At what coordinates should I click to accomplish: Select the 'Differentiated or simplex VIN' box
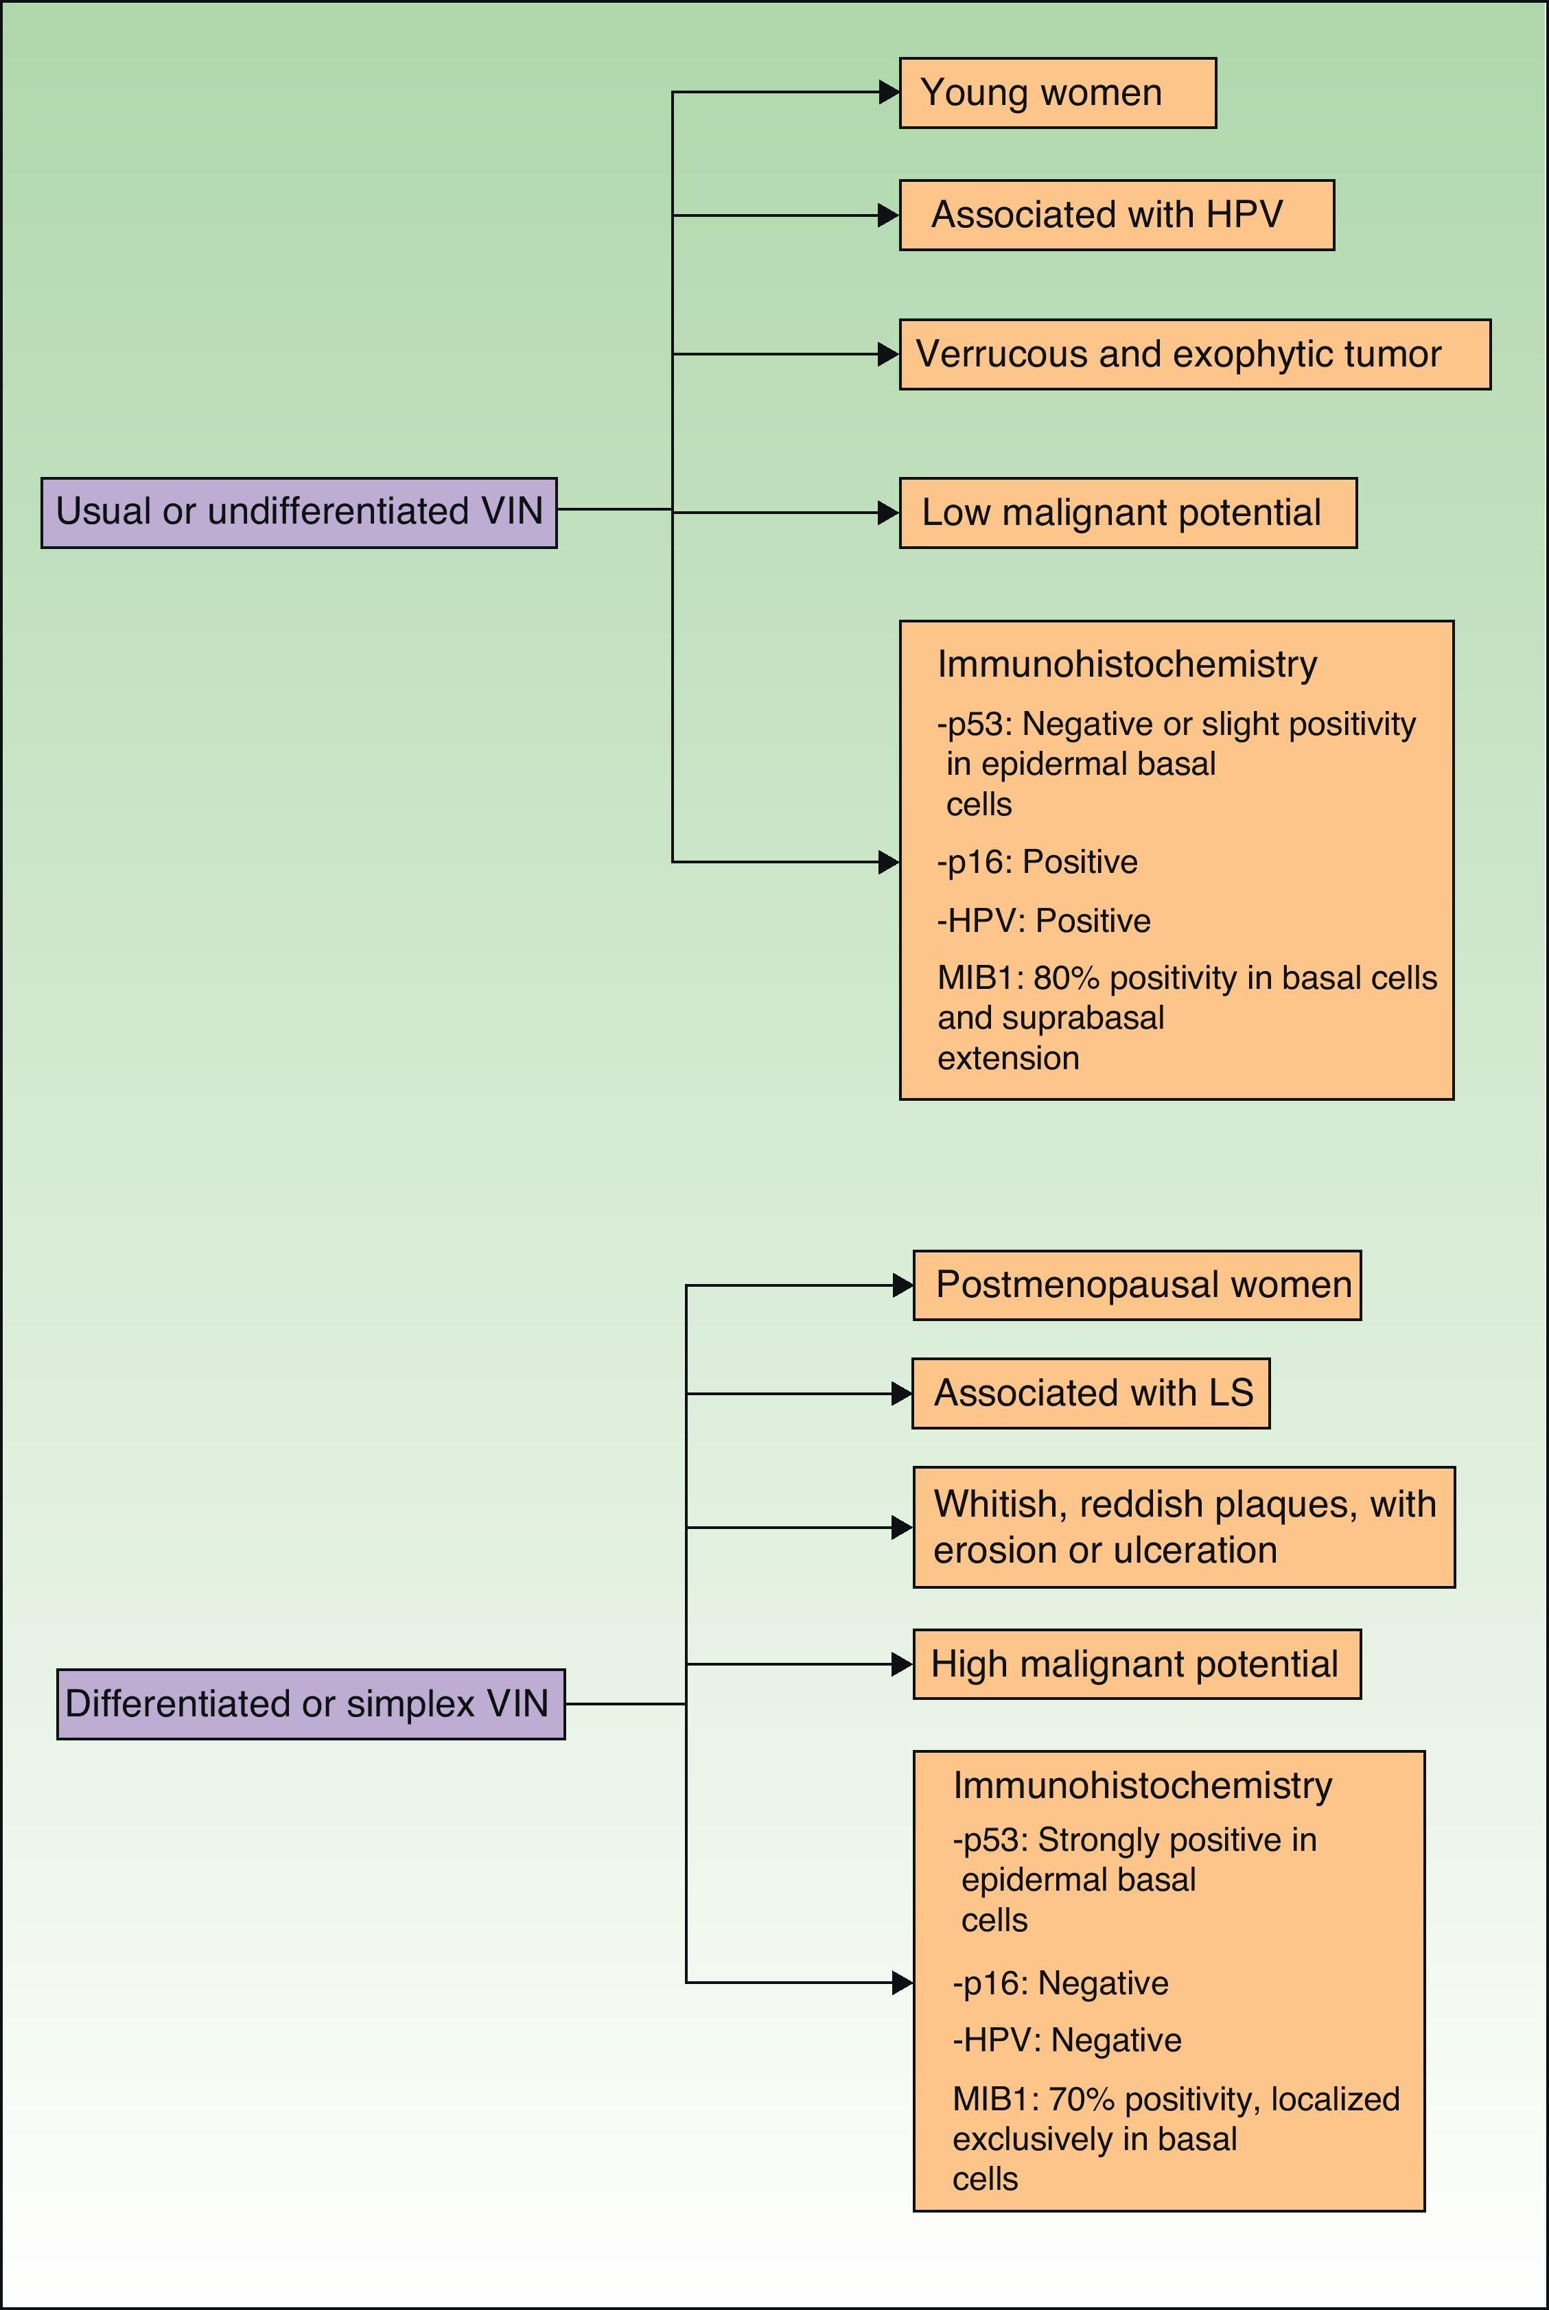click(x=310, y=1703)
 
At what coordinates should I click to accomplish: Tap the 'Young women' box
click(x=1056, y=93)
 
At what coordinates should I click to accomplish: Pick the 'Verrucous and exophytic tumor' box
click(x=1193, y=355)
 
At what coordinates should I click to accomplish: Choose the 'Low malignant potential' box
click(x=1127, y=513)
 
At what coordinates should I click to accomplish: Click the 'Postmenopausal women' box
click(x=1136, y=1285)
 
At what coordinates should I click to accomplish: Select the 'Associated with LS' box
click(x=1090, y=1394)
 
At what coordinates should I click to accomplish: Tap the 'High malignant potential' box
click(x=1136, y=1664)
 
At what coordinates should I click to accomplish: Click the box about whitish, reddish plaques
click(x=1183, y=1527)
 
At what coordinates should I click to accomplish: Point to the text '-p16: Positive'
click(x=1037, y=862)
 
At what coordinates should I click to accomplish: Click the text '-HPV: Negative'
click(x=1067, y=2040)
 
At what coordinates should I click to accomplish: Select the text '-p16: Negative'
click(x=1060, y=1983)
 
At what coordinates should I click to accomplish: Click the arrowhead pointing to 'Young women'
click(x=888, y=93)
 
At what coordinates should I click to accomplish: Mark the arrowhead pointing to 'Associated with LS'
click(x=901, y=1394)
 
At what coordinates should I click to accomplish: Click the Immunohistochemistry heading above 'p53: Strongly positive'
click(x=1142, y=1786)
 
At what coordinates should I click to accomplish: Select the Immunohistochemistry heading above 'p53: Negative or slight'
click(x=1126, y=664)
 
